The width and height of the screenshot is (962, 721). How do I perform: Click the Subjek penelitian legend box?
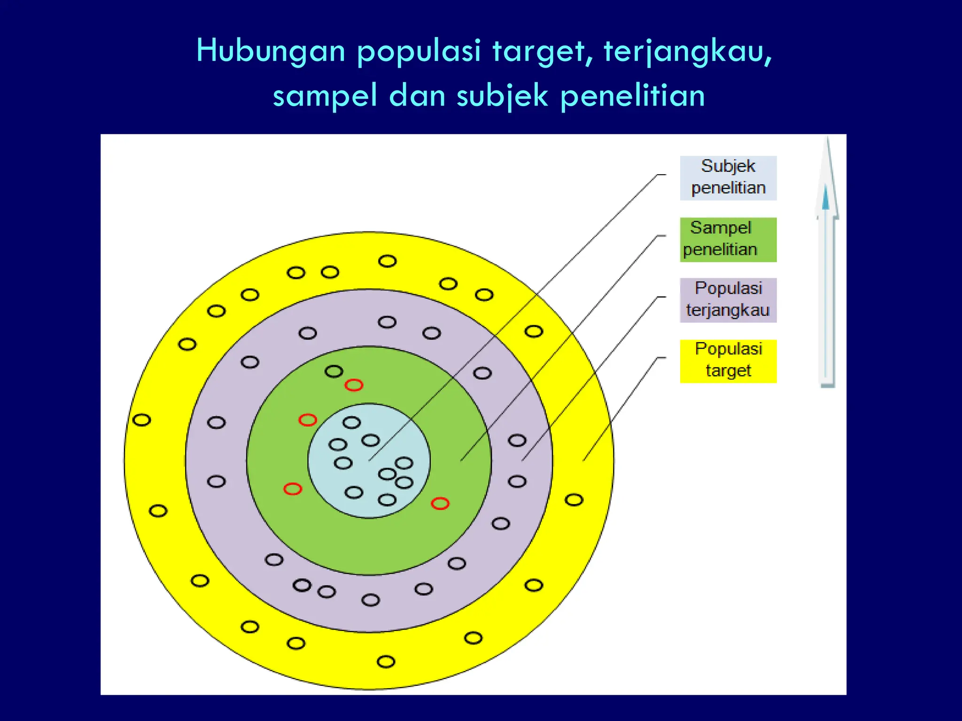point(728,178)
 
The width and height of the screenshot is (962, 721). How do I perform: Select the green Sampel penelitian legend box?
point(728,239)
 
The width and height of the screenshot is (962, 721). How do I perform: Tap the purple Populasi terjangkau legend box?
point(728,300)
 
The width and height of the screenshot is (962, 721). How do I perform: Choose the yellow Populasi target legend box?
point(728,361)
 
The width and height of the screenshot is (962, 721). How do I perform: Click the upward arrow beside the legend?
point(827,263)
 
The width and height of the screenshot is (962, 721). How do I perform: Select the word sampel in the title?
point(325,96)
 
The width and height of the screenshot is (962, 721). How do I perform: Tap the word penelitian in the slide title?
point(633,96)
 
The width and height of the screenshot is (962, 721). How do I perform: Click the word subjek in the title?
point(502,96)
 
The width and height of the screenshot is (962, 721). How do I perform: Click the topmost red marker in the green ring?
point(354,385)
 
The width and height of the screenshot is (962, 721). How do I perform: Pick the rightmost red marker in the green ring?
point(440,504)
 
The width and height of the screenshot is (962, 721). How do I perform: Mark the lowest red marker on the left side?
point(292,489)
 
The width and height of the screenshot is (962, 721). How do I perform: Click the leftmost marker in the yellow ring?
point(141,420)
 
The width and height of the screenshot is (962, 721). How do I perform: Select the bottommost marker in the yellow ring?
point(386,661)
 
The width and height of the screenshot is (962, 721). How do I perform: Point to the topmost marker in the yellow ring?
point(387,261)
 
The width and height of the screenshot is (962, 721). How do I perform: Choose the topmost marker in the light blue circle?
point(351,422)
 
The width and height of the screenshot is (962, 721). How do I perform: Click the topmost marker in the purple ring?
point(387,322)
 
